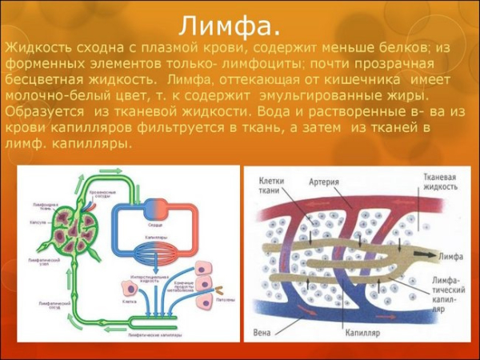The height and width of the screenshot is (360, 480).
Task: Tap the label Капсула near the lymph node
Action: [38, 222]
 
